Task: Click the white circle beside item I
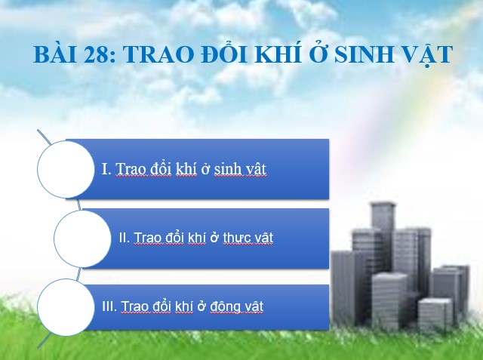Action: pyautogui.click(x=66, y=169)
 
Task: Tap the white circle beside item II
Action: pyautogui.click(x=82, y=238)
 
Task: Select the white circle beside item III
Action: pyautogui.click(x=66, y=307)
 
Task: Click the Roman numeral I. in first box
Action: pyautogui.click(x=106, y=169)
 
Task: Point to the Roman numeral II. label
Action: pyautogui.click(x=125, y=238)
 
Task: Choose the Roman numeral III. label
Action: pyautogui.click(x=109, y=306)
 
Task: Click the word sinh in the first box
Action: pyautogui.click(x=228, y=169)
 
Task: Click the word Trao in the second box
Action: pyautogui.click(x=146, y=238)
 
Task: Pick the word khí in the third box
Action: pyautogui.click(x=184, y=306)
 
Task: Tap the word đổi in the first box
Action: pyautogui.click(x=161, y=168)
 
